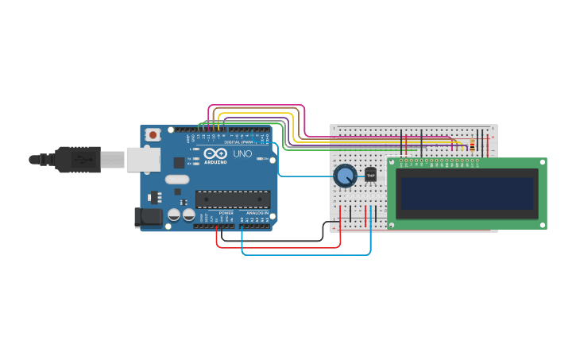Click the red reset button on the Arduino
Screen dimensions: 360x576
[x=153, y=134]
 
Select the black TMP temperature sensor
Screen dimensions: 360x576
[x=370, y=175]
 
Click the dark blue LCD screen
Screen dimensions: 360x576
[x=467, y=193]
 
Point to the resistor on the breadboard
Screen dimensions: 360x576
[x=472, y=145]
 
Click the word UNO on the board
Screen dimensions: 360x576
[x=242, y=153]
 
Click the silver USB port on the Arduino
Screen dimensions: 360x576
[x=143, y=159]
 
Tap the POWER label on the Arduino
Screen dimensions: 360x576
[x=226, y=213]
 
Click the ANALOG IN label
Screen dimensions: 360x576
[x=255, y=213]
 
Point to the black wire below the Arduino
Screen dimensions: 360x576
[x=270, y=239]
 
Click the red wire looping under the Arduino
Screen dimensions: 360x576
[x=278, y=247]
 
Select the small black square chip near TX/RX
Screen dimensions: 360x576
[x=180, y=162]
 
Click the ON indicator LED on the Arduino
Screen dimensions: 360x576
[x=261, y=158]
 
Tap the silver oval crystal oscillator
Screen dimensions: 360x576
[x=177, y=180]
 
